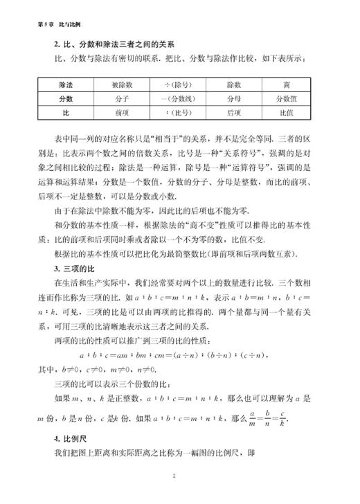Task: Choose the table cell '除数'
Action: pos(233,85)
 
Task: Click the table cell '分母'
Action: pos(233,98)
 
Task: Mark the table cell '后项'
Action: pos(233,111)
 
